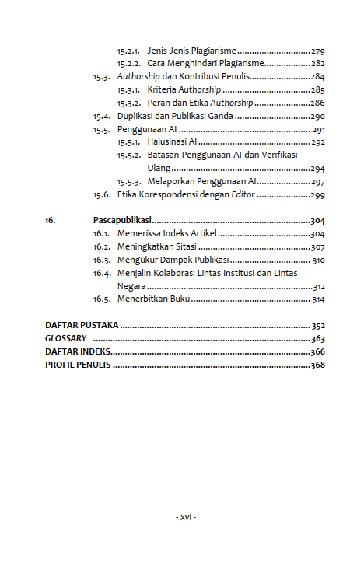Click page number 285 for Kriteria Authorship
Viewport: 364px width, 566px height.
click(x=318, y=90)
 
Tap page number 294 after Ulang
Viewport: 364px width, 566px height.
click(x=318, y=169)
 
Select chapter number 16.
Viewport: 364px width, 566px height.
click(x=50, y=221)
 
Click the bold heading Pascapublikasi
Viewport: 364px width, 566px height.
click(x=122, y=221)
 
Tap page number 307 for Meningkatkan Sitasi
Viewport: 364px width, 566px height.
click(x=318, y=247)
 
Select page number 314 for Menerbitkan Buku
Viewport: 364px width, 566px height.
click(x=318, y=299)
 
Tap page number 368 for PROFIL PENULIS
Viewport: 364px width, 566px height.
click(x=317, y=365)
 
